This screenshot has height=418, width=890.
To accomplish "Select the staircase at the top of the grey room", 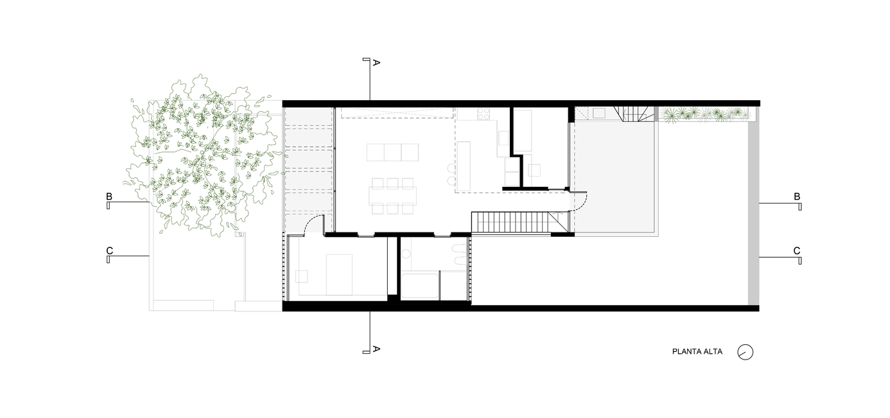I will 636,114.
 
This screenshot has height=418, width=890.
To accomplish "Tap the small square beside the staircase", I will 598,113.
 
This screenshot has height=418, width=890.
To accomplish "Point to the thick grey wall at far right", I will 753,212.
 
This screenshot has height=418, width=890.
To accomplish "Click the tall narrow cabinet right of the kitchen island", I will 523,130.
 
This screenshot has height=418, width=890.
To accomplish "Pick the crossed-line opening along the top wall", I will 398,113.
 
